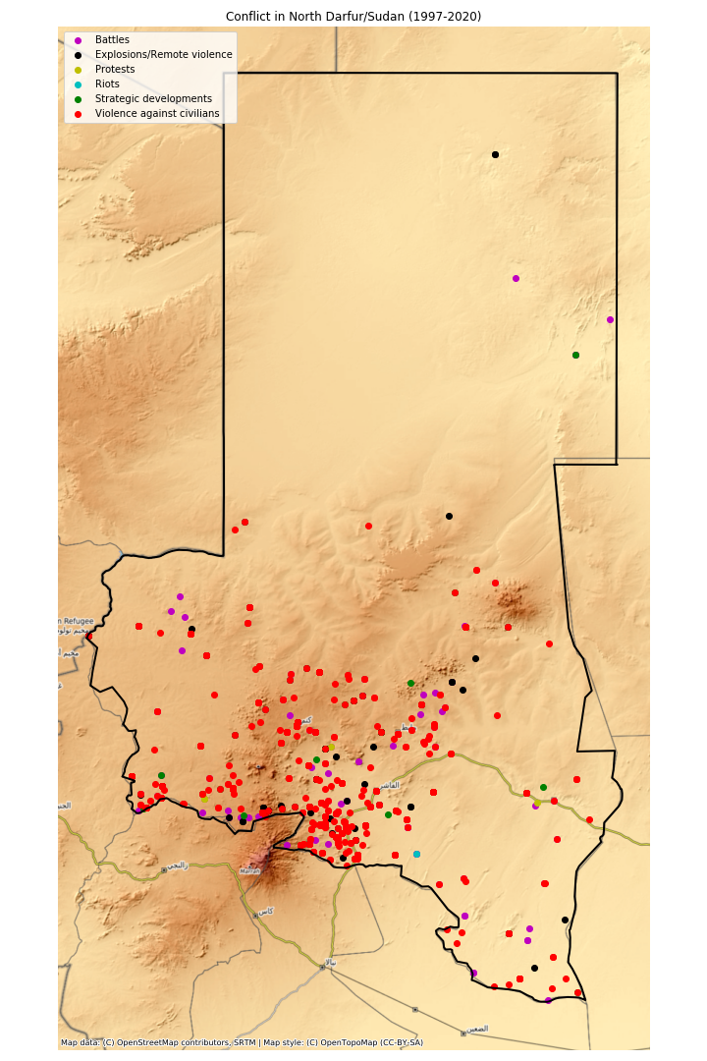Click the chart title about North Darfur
(x=353, y=17)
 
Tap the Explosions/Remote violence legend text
(x=163, y=54)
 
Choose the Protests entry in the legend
(x=116, y=69)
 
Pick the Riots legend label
(x=107, y=84)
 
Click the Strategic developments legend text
(x=153, y=98)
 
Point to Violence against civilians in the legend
(x=157, y=114)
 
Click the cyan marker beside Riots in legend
(x=79, y=84)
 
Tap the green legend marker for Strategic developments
(x=79, y=99)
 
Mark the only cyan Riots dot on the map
(x=416, y=854)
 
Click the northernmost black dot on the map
(x=495, y=154)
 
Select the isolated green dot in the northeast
(x=575, y=355)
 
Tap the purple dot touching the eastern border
(x=610, y=319)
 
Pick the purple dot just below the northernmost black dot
(x=516, y=278)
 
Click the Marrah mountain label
(x=250, y=870)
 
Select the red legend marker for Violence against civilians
(x=79, y=114)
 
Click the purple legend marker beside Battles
(x=79, y=40)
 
